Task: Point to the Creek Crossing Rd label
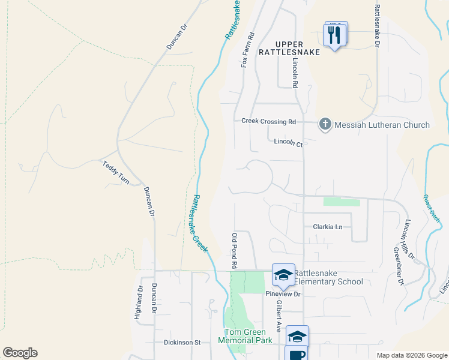268,121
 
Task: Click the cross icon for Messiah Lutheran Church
325,125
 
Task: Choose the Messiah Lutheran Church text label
382,125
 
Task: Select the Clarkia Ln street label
327,227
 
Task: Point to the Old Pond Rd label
235,251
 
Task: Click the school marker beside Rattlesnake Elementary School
283,275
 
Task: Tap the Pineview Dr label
283,294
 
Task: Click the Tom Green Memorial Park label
248,336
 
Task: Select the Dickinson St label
182,343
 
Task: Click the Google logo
20,353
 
